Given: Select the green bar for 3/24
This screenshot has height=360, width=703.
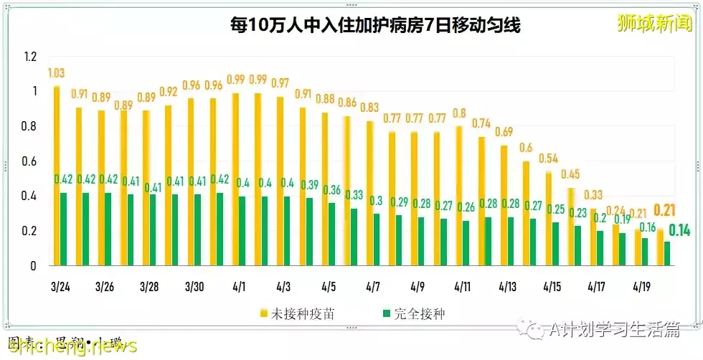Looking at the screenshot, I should pos(65,229).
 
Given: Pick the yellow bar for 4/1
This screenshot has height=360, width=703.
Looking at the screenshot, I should pos(235,179).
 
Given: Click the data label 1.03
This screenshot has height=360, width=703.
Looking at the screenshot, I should pos(57,73).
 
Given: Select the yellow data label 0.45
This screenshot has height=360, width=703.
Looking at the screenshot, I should pos(571,174).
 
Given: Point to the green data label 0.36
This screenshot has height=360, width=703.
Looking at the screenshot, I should pos(332,190).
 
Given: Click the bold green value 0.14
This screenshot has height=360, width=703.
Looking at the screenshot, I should pos(679,230).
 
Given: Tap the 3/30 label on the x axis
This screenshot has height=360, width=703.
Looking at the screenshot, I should pos(194,287).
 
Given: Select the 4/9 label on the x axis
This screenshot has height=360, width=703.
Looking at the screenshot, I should pos(417,287).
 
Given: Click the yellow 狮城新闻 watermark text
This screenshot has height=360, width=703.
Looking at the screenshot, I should pos(655,23).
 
